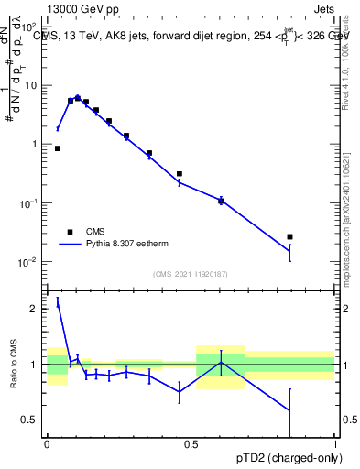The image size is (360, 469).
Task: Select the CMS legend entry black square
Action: (71, 232)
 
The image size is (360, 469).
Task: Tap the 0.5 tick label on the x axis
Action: (191, 442)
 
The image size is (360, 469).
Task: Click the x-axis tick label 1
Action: (335, 442)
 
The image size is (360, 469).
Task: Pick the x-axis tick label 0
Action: (47, 442)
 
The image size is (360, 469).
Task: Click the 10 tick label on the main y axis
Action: (30, 85)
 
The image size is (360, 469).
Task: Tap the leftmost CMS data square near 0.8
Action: (58, 148)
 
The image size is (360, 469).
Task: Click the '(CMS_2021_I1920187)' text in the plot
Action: (190, 274)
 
